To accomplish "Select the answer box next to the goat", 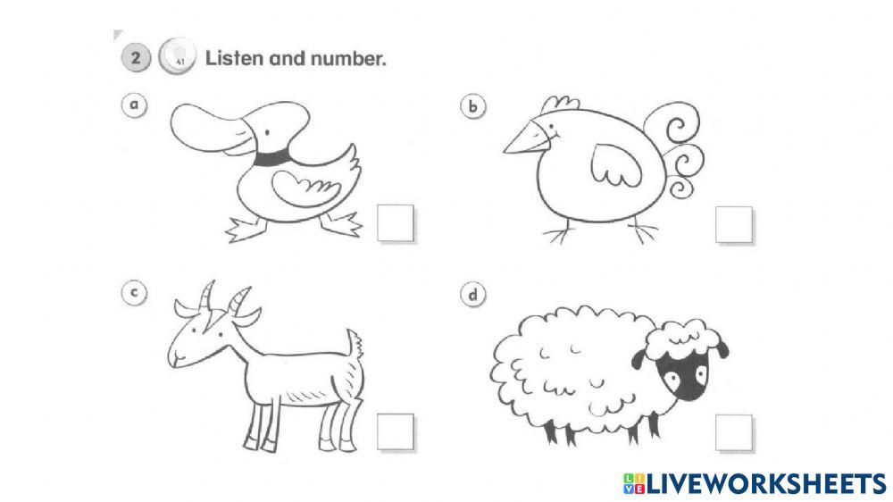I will click(x=395, y=432).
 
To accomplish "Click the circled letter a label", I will click(x=134, y=105).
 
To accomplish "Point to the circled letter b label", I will click(x=473, y=107).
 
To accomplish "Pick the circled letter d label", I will click(x=470, y=295).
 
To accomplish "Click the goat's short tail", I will click(x=355, y=342).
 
